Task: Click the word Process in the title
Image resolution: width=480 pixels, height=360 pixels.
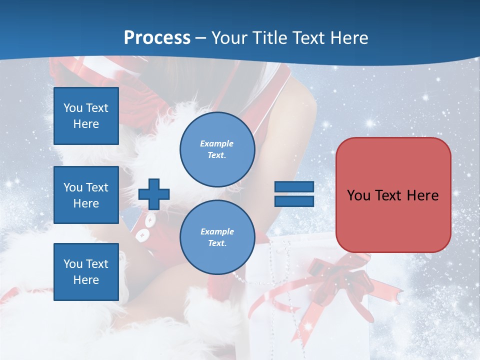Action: (x=157, y=37)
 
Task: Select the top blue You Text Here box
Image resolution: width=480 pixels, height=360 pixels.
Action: (x=86, y=116)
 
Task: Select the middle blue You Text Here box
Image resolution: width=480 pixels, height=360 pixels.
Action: (x=86, y=195)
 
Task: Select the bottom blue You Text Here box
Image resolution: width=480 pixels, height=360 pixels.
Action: (x=86, y=271)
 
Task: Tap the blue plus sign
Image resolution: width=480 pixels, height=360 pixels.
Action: (x=154, y=193)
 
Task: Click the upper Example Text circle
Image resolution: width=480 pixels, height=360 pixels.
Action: (x=217, y=149)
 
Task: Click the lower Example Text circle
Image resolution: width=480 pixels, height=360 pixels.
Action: (x=217, y=237)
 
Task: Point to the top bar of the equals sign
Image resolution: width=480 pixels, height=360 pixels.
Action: (x=294, y=186)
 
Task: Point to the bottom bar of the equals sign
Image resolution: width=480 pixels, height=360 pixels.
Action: (x=294, y=201)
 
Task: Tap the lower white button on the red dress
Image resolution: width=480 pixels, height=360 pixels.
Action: (x=142, y=233)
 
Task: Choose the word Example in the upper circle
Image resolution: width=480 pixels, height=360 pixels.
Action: (x=216, y=143)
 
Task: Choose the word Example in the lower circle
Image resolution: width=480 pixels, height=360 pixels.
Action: (x=216, y=231)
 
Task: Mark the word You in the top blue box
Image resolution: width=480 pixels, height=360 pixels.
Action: (x=73, y=108)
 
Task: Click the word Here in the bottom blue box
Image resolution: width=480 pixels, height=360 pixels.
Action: (x=86, y=280)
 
